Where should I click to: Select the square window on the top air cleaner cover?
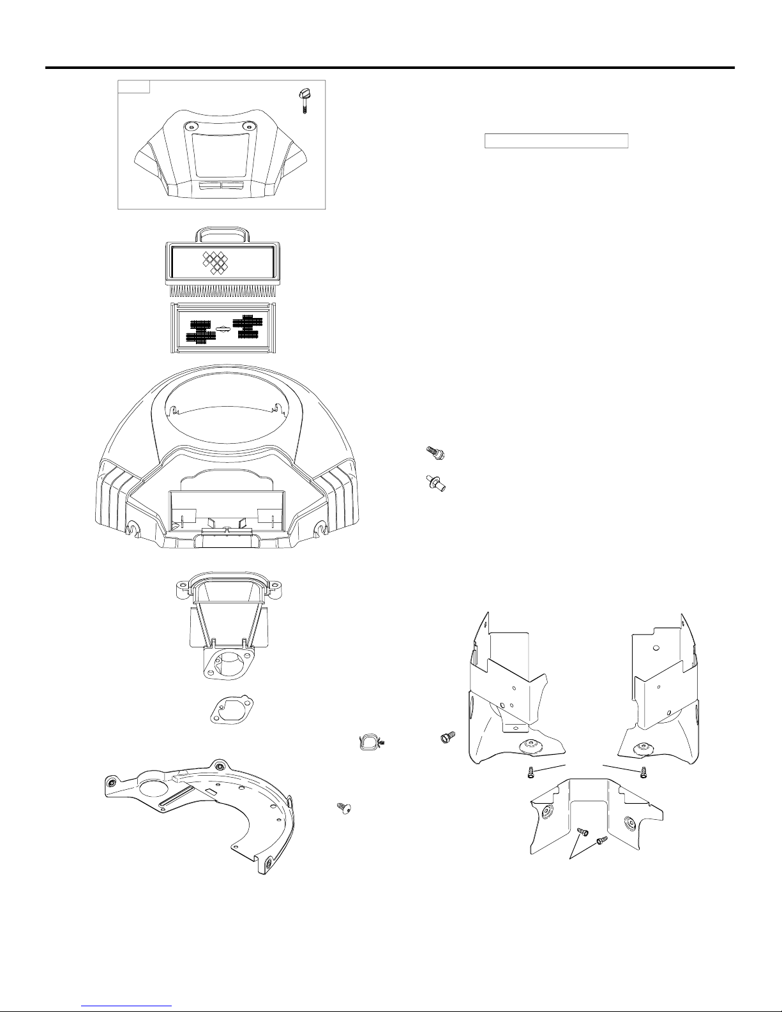[x=222, y=155]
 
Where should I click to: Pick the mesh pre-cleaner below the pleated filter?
[x=222, y=328]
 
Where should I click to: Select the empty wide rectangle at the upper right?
[x=557, y=140]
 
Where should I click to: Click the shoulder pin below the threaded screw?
[x=435, y=483]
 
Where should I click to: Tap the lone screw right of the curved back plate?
[x=343, y=808]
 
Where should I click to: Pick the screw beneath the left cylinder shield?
[x=529, y=773]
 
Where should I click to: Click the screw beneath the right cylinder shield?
[x=644, y=773]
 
